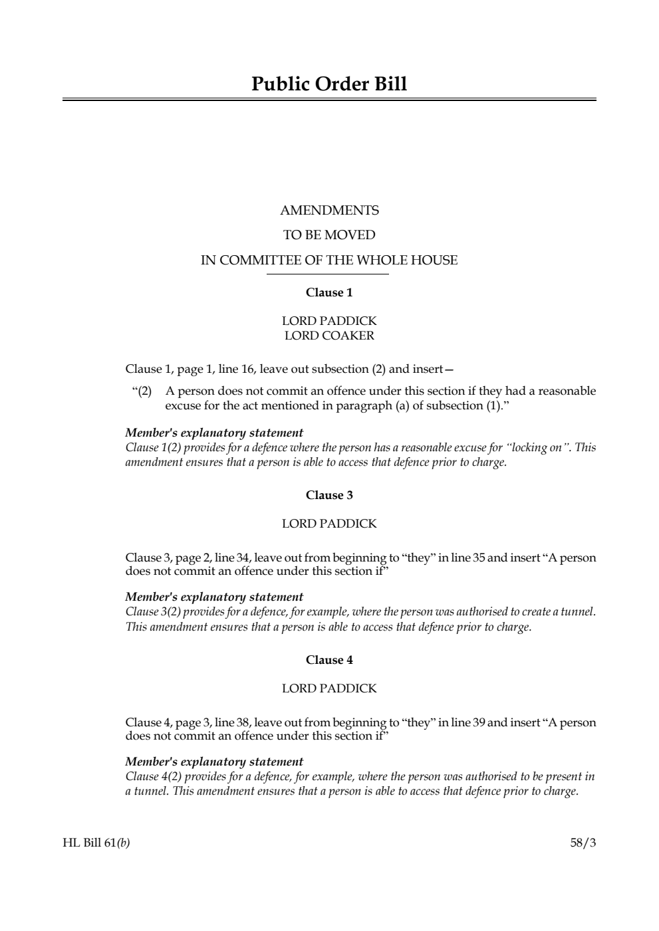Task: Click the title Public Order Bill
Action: click(329, 84)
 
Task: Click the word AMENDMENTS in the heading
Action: click(329, 211)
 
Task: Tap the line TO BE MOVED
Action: click(329, 235)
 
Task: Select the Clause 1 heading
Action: click(329, 292)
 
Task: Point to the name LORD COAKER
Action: click(329, 336)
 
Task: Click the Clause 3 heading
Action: click(329, 495)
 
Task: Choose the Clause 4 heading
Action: click(329, 660)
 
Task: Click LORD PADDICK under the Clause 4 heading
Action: click(329, 688)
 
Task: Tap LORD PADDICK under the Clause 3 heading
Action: click(329, 524)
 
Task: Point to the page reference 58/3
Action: click(583, 843)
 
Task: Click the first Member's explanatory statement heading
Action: click(214, 433)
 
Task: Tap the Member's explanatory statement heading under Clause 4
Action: click(214, 762)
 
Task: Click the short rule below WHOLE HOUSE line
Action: click(329, 274)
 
